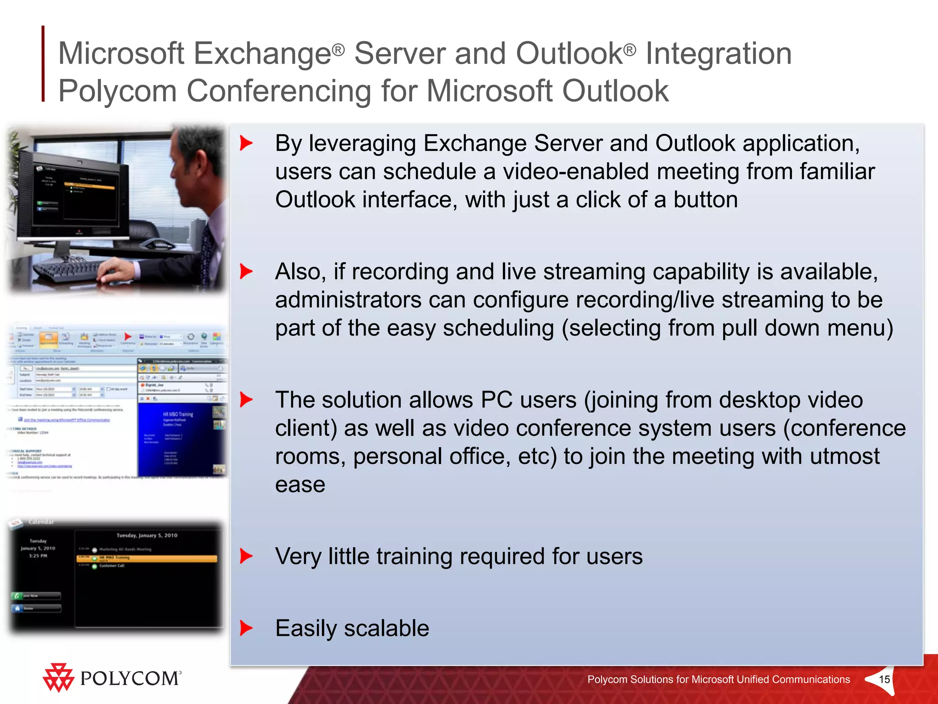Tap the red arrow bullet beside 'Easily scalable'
[x=246, y=628]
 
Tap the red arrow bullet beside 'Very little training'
[x=246, y=556]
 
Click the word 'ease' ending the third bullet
[x=300, y=484]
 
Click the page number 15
[x=884, y=679]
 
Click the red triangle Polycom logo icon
[x=58, y=677]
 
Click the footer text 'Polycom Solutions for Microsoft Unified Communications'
[x=718, y=679]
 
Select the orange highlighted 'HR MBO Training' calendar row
[x=147, y=558]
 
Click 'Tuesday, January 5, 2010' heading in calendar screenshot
[x=147, y=535]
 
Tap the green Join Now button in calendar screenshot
[x=36, y=596]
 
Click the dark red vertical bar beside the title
[x=43, y=64]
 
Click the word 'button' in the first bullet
[x=705, y=200]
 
